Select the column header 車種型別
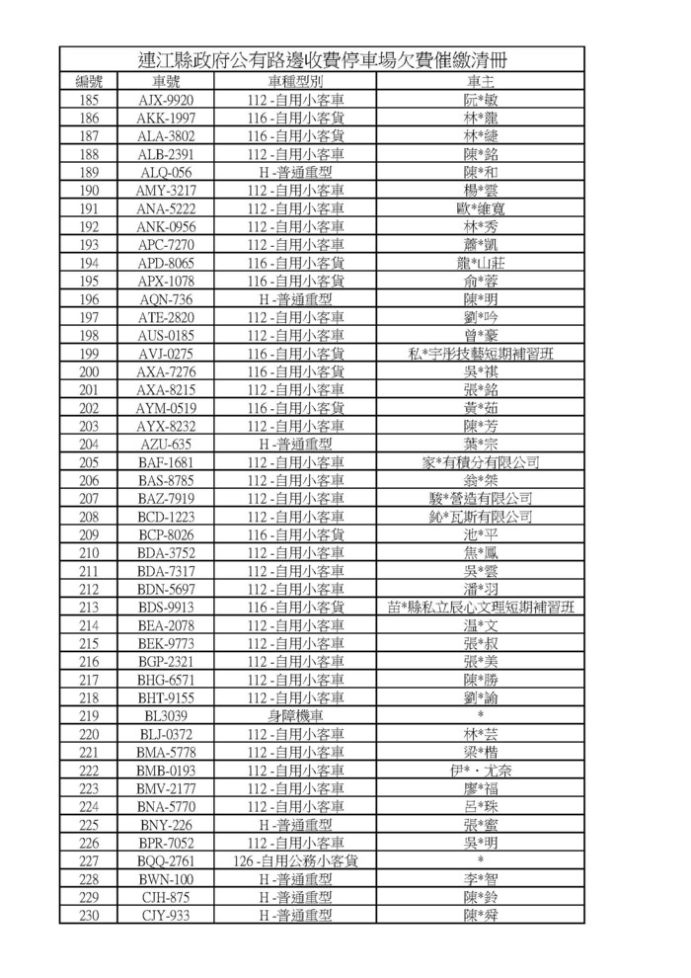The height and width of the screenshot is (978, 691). point(295,82)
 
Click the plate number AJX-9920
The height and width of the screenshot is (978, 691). point(165,100)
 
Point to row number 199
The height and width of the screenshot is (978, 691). point(89,354)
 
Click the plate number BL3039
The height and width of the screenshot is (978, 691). point(165,715)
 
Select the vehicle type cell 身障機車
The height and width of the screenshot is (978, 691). point(295,715)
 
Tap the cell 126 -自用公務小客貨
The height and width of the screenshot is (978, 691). point(295,860)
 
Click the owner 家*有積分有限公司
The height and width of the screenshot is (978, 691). point(481,462)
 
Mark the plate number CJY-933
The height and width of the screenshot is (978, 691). point(165,915)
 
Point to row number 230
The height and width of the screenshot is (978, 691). point(89,915)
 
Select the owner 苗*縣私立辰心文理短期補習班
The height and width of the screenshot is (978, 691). point(481,607)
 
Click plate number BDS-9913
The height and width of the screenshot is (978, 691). point(165,607)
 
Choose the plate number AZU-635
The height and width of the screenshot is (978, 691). point(165,444)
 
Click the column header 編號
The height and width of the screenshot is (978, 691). point(89,82)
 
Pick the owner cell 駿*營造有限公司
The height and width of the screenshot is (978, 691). point(481,498)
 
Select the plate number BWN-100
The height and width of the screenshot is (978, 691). point(165,878)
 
